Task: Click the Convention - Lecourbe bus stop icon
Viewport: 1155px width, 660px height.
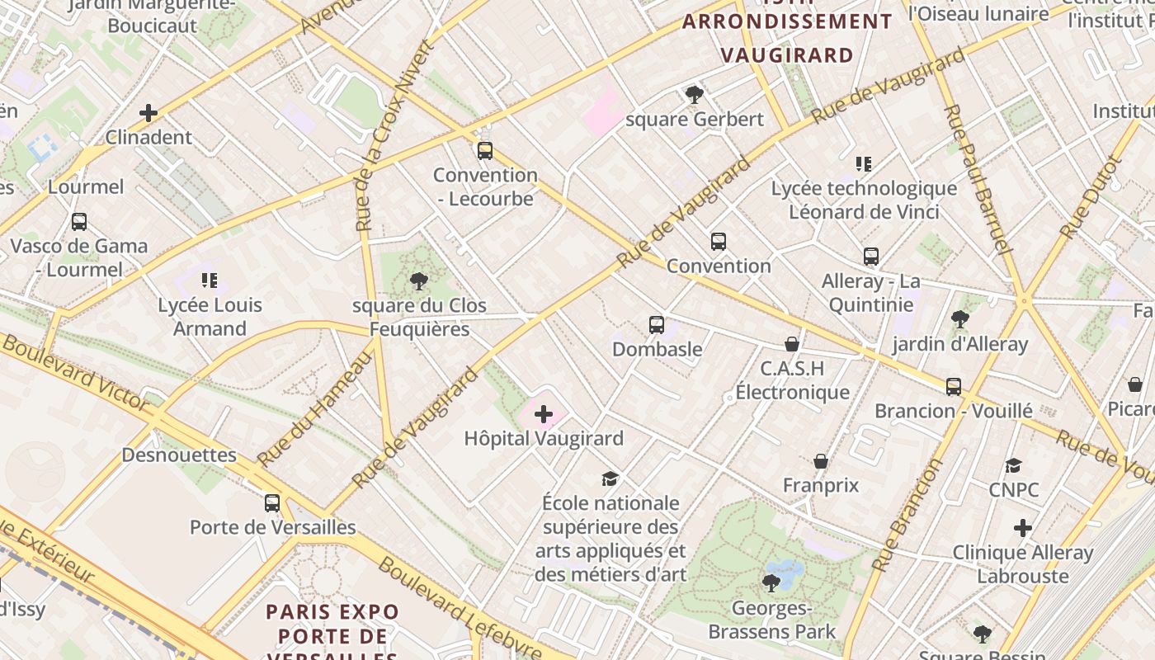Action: [485, 151]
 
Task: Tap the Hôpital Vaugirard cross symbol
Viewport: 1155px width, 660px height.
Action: [544, 414]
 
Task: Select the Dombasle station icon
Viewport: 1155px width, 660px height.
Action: [657, 325]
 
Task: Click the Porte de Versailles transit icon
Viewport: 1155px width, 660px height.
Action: [272, 503]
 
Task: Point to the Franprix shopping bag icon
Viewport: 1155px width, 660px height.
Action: [821, 461]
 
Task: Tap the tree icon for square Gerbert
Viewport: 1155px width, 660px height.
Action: [694, 95]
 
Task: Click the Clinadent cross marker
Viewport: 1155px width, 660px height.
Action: [148, 113]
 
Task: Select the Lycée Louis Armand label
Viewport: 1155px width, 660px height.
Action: [210, 317]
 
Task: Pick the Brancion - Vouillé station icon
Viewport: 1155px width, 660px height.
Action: [954, 386]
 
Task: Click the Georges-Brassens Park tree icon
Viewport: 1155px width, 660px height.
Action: [771, 584]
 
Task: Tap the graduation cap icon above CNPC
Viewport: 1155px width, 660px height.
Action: [1014, 466]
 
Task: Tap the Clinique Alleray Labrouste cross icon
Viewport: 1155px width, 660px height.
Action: [1023, 528]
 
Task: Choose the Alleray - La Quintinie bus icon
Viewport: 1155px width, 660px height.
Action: [871, 257]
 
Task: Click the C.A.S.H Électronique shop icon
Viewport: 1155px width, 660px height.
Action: [792, 344]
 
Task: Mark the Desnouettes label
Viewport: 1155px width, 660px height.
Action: [179, 455]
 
